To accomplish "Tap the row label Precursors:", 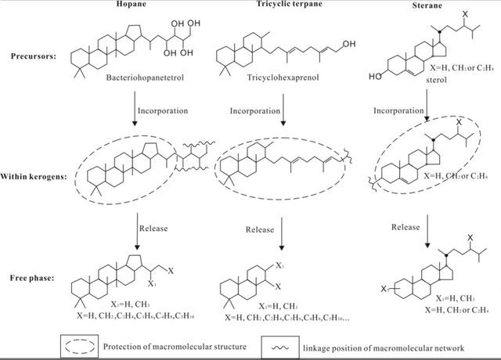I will (35, 56).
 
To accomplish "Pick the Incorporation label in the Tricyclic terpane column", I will (254, 110).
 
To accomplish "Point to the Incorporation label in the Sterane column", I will (396, 110).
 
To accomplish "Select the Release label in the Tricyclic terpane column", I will (259, 230).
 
